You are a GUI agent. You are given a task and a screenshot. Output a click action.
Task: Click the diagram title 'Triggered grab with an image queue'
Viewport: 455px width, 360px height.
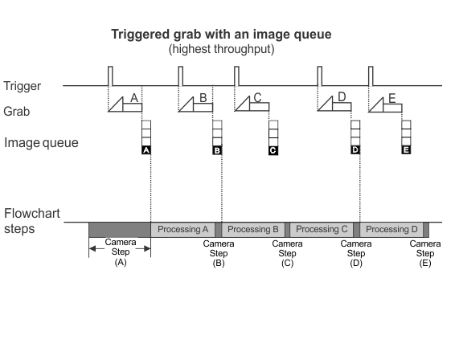click(x=221, y=35)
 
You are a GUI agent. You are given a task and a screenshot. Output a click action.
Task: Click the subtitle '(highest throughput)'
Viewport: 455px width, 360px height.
click(x=221, y=49)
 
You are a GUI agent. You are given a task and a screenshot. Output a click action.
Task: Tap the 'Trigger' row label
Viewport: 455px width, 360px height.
click(x=22, y=86)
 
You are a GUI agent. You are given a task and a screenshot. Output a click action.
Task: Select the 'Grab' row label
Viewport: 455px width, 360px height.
click(x=17, y=112)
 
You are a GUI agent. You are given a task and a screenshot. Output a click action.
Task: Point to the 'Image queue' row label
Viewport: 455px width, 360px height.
click(x=41, y=143)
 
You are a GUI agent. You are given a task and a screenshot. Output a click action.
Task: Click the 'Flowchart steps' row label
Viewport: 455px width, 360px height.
click(x=32, y=221)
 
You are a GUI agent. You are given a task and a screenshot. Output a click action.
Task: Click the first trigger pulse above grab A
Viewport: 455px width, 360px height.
click(x=110, y=76)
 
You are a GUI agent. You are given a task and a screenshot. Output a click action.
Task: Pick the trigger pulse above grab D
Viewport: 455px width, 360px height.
click(x=319, y=76)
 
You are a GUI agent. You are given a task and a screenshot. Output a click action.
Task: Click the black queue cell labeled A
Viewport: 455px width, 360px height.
click(x=146, y=150)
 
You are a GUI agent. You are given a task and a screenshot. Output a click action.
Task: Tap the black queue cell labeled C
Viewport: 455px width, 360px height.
click(x=273, y=150)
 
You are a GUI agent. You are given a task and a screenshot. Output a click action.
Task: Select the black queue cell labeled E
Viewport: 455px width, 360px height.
click(x=406, y=149)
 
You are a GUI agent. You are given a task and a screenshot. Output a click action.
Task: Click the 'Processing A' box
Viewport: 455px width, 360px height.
click(x=182, y=230)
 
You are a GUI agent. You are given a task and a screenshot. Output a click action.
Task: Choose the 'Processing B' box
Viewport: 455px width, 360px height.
click(x=253, y=230)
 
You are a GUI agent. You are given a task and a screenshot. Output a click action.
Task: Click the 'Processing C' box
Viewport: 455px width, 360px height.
click(x=322, y=230)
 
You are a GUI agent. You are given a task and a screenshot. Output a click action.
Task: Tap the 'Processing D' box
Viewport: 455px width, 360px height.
click(x=391, y=230)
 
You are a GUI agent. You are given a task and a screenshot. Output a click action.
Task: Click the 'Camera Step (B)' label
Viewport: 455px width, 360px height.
click(x=219, y=254)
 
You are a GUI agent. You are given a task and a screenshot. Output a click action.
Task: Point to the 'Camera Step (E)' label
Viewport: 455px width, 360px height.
click(x=425, y=254)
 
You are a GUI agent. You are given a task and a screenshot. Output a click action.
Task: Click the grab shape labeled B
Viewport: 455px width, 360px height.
click(x=195, y=104)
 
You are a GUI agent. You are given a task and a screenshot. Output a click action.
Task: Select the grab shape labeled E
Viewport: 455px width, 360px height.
click(x=385, y=104)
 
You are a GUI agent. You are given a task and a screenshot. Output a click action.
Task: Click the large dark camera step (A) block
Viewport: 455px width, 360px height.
click(x=120, y=230)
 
